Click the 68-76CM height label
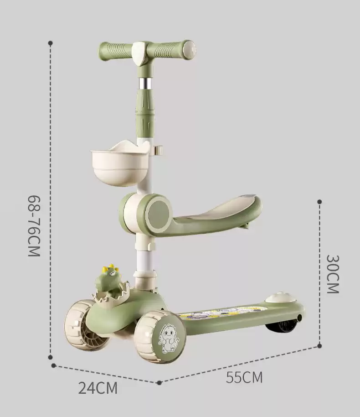pyautogui.click(x=34, y=226)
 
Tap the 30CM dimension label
pyautogui.click(x=333, y=274)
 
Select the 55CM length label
pyautogui.click(x=244, y=377)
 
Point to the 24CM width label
pyautogui.click(x=98, y=388)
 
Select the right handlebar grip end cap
pyautogui.click(x=190, y=49)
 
